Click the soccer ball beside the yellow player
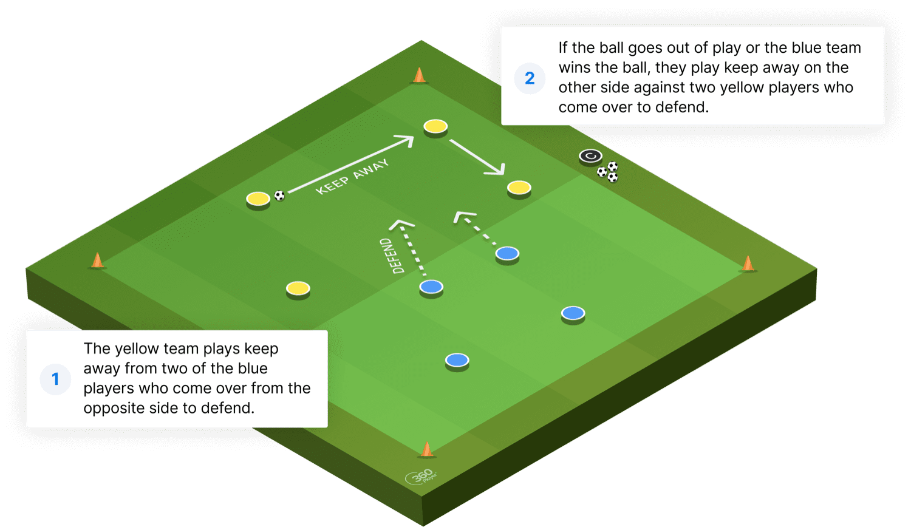(279, 195)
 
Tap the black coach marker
(590, 157)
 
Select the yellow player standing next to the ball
(258, 200)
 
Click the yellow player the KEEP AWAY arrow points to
(435, 127)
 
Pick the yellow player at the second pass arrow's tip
(519, 189)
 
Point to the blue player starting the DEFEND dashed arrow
(431, 288)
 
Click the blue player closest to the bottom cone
(457, 361)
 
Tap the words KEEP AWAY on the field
(352, 177)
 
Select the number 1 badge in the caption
(55, 379)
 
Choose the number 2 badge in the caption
(530, 78)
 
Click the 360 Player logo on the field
(421, 477)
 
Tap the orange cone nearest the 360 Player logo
(426, 449)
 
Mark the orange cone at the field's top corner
(419, 76)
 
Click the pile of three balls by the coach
(607, 172)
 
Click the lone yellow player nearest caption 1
(298, 290)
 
